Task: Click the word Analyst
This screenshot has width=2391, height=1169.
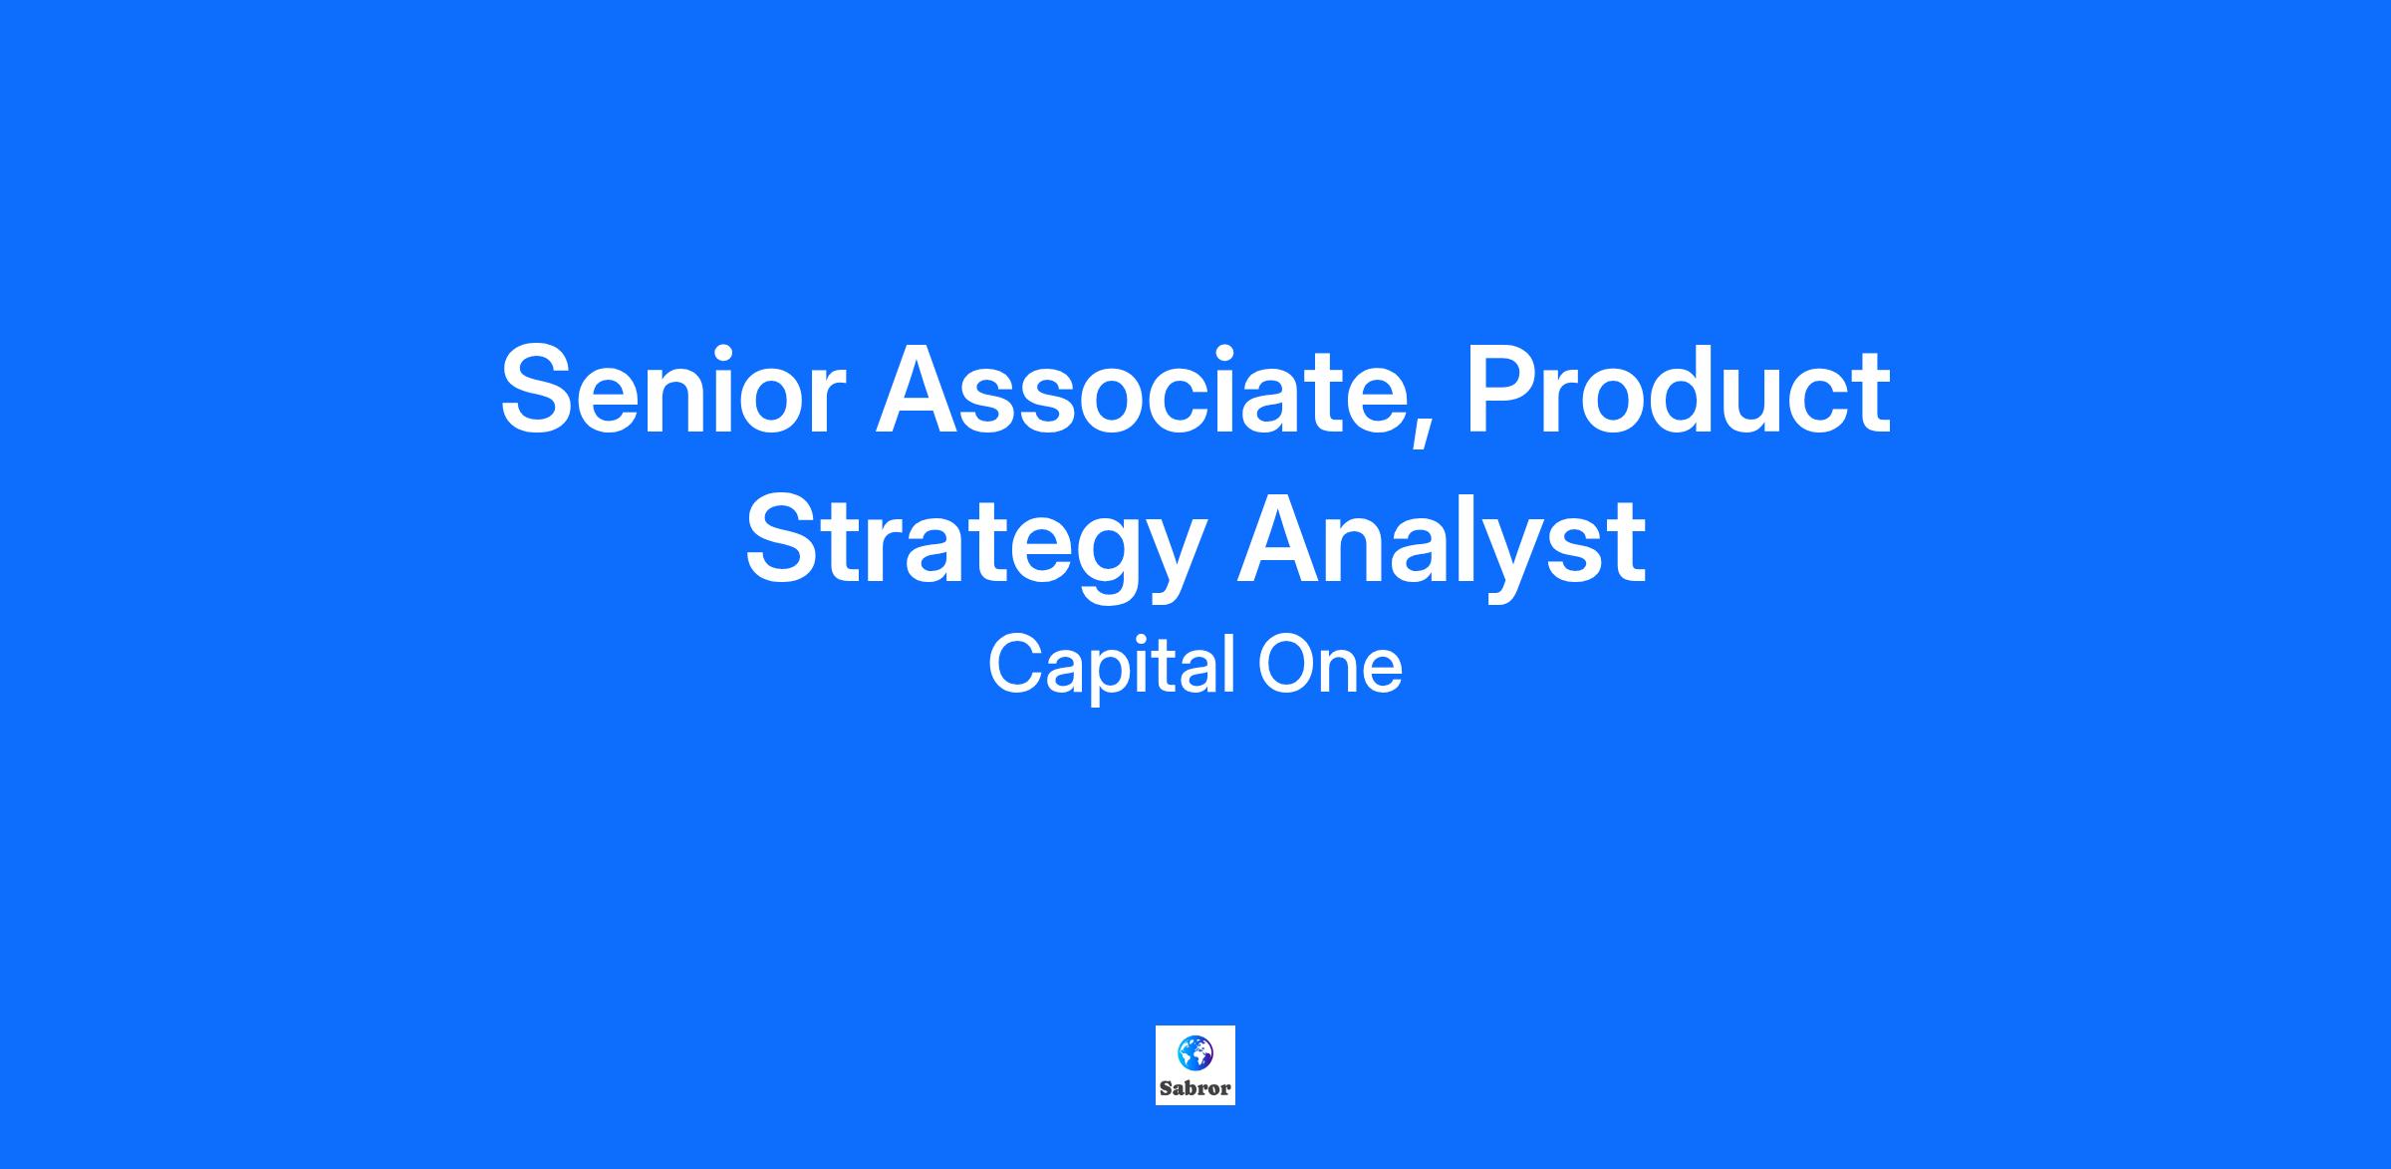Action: point(1441,543)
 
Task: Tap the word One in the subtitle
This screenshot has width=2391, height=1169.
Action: point(1330,666)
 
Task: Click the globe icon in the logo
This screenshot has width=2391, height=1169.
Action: point(1195,1051)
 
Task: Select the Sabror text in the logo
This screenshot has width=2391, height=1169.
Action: point(1195,1088)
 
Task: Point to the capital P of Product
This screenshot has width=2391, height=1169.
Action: point(1501,389)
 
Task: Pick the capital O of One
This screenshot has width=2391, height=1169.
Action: point(1285,666)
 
